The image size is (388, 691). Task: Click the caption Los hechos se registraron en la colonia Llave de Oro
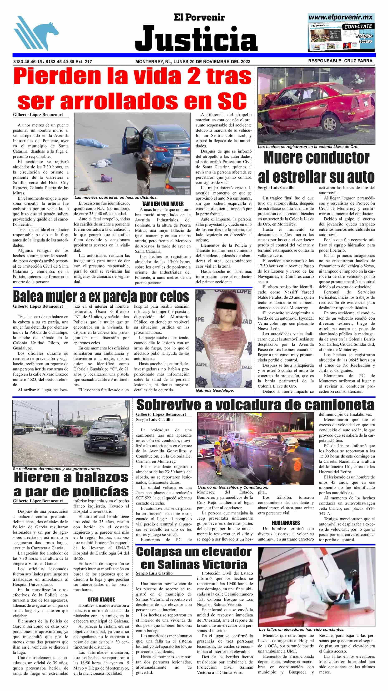click(x=308, y=147)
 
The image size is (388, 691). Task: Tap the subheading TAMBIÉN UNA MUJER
click(x=163, y=204)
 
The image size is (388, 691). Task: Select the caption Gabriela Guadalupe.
click(x=214, y=391)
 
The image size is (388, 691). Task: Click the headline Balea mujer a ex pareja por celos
click(x=101, y=296)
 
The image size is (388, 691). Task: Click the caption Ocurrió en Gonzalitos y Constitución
click(x=233, y=487)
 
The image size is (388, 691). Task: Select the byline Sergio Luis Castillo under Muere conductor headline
click(x=276, y=187)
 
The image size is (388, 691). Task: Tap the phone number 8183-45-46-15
click(x=28, y=61)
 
